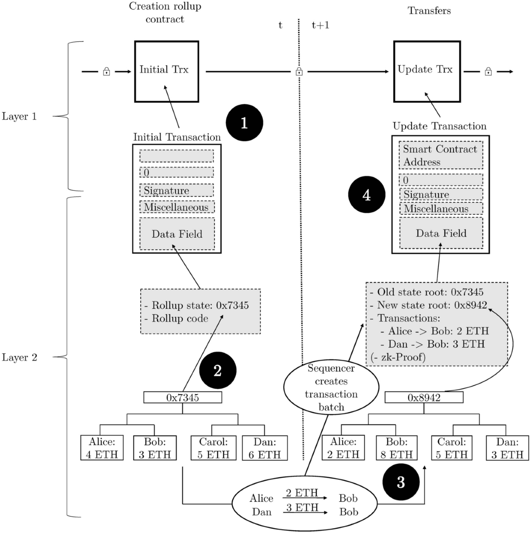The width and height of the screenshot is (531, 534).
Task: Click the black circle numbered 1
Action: pos(244,123)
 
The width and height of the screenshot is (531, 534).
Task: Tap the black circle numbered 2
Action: pos(217,371)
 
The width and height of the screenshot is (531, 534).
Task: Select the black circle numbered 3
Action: pos(400,482)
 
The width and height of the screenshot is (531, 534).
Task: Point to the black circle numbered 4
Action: pos(366,195)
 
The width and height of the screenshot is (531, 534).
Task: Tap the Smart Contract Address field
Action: pos(440,155)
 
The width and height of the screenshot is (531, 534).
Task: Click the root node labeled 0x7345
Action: pos(182,398)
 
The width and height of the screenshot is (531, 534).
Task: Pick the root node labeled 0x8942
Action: pos(424,398)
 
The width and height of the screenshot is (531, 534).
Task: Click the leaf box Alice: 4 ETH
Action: pos(102,448)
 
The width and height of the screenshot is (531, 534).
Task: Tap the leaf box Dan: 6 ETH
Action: pos(265,448)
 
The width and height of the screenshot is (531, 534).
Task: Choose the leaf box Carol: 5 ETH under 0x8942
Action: pos(451,448)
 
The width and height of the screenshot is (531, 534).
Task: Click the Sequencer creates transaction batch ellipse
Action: pos(331,388)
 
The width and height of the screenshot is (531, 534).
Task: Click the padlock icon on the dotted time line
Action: pos(299,71)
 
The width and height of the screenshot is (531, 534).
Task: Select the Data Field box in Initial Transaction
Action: pos(177,234)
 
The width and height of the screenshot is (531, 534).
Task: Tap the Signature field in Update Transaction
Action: pos(440,194)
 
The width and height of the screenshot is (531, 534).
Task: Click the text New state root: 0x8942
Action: pos(431,305)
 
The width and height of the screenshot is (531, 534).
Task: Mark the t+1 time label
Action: pos(320,25)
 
